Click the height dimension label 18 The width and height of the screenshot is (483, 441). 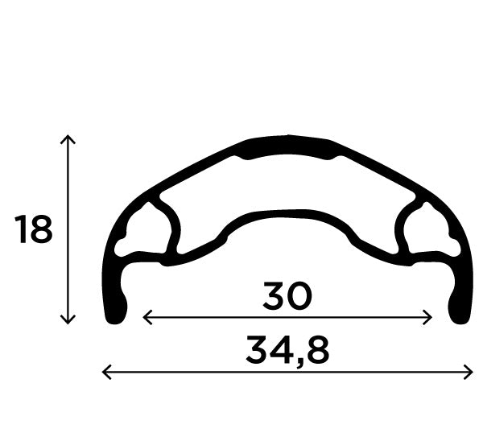(34, 230)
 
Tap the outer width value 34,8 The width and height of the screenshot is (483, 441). (287, 351)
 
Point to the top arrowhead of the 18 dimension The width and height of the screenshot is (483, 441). (68, 138)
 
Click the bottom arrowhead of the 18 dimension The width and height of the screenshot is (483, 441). (68, 321)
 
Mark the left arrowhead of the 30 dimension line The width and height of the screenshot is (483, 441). (145, 317)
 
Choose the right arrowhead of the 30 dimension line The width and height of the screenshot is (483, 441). (431, 317)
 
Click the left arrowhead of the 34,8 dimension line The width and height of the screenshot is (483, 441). (105, 371)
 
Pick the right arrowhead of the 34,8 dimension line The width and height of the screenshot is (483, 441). (470, 371)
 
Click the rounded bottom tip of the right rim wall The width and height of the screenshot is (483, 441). (459, 313)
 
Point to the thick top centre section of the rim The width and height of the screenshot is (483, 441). (287, 147)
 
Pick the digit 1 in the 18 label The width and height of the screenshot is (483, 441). (21, 230)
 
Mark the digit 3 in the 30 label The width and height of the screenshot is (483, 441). (274, 298)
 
